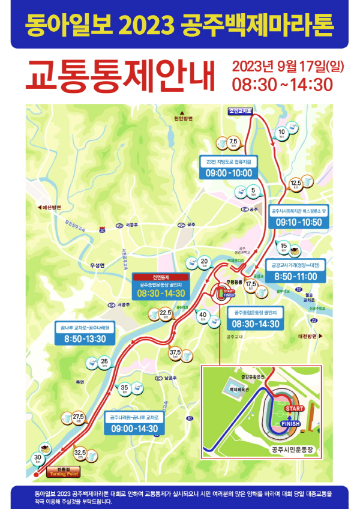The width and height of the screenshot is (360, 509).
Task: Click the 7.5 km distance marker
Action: click(233, 142)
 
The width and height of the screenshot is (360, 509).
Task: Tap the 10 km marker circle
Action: click(281, 133)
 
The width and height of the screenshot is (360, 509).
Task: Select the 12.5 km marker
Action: click(295, 183)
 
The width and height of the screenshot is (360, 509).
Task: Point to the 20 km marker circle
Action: click(204, 262)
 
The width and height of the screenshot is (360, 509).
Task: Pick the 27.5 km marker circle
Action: click(78, 418)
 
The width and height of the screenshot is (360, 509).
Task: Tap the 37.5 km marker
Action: click(175, 354)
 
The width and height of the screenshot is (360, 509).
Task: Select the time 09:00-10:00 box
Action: click(229, 172)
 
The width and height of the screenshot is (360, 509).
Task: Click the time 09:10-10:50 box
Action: click(299, 222)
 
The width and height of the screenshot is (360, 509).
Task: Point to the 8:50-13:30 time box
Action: click(84, 339)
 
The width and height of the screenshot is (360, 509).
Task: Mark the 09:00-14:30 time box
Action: click(133, 429)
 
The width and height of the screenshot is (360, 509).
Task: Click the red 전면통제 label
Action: click(161, 277)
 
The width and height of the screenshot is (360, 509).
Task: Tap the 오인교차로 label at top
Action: click(240, 111)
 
